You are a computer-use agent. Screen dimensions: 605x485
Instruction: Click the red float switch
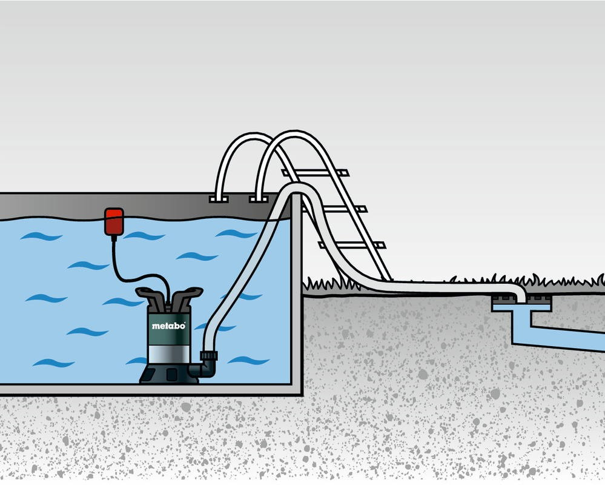114,222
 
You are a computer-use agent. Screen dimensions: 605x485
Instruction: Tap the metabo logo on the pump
168,326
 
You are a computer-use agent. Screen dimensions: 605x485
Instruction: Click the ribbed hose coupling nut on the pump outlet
209,356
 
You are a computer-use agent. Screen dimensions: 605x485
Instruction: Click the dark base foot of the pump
168,373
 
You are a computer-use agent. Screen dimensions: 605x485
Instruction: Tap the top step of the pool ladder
316,173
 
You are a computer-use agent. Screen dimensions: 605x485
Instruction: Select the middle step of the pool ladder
334,209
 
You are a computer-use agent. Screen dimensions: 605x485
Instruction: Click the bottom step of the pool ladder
351,245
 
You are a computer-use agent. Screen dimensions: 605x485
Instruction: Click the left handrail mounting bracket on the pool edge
219,199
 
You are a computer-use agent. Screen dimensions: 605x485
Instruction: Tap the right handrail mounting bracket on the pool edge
259,199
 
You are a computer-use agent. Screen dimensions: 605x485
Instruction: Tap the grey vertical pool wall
296,293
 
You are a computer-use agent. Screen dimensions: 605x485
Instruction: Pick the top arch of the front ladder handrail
295,135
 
